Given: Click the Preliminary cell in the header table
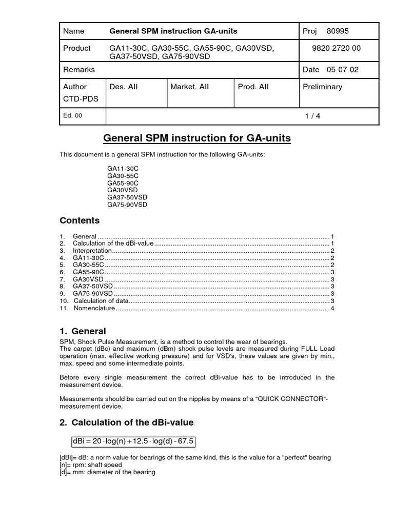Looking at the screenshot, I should [x=322, y=87].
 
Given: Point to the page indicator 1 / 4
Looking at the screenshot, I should [x=312, y=116].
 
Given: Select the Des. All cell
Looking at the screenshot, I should [x=124, y=87].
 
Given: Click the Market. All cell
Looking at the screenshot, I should [x=189, y=87].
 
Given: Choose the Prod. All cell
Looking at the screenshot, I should [x=253, y=87].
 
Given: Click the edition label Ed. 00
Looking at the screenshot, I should [x=72, y=116].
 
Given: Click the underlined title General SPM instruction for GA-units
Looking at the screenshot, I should [x=197, y=138].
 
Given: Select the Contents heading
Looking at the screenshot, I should [x=80, y=220].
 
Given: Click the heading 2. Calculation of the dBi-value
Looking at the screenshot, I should [x=126, y=422].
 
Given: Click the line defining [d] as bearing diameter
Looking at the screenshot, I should [x=107, y=472].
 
